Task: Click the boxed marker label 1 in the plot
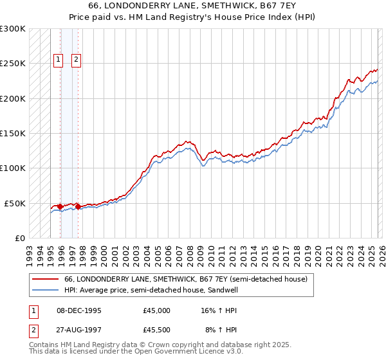pos(58,60)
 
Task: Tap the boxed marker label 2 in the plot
pos(76,60)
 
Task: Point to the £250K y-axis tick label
pos(12,64)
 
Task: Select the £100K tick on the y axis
pos(12,168)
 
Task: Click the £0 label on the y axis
pos(19,238)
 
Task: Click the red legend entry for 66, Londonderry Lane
pos(186,280)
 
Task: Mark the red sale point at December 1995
pos(60,207)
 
